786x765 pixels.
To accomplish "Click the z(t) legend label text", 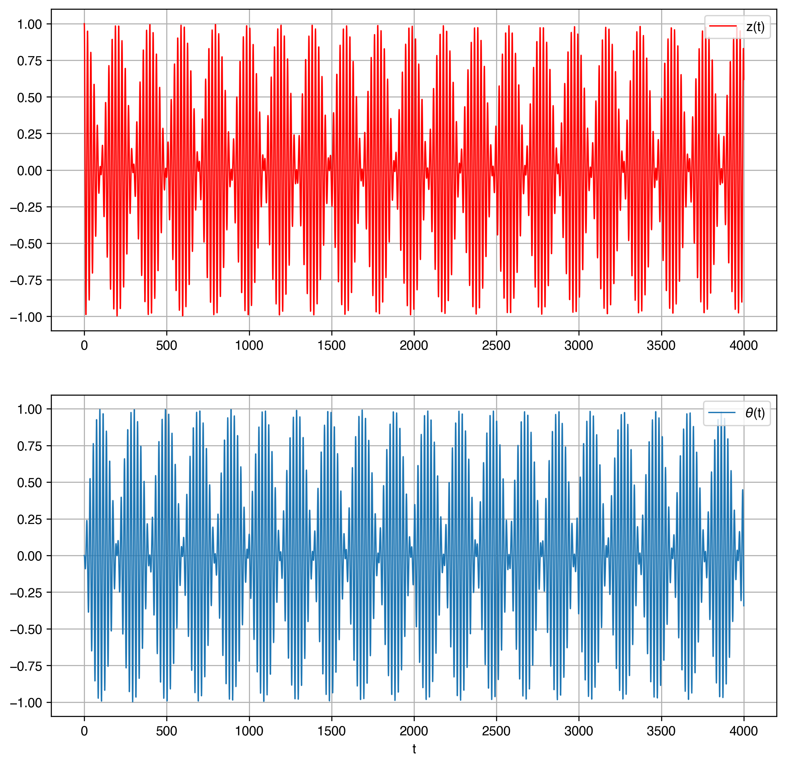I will [x=755, y=27].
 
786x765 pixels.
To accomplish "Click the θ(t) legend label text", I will [x=755, y=413].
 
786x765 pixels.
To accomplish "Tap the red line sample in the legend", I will [x=723, y=27].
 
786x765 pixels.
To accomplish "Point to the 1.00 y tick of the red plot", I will [x=29, y=24].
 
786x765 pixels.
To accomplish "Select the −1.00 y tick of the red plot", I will [x=26, y=317].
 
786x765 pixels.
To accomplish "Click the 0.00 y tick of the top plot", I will [x=29, y=171].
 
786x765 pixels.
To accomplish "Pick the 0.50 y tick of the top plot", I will [x=29, y=98].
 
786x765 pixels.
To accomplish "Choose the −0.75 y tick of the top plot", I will [x=26, y=280].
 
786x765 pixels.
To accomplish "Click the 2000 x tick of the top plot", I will [x=414, y=345].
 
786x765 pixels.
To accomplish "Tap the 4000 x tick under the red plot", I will [x=744, y=345].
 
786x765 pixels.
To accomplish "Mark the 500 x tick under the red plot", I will [x=167, y=345].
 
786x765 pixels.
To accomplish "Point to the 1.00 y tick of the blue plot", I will [x=29, y=409].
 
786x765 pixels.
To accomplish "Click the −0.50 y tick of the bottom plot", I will [x=26, y=629].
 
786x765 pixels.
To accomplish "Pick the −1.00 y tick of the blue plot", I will [x=26, y=703].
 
